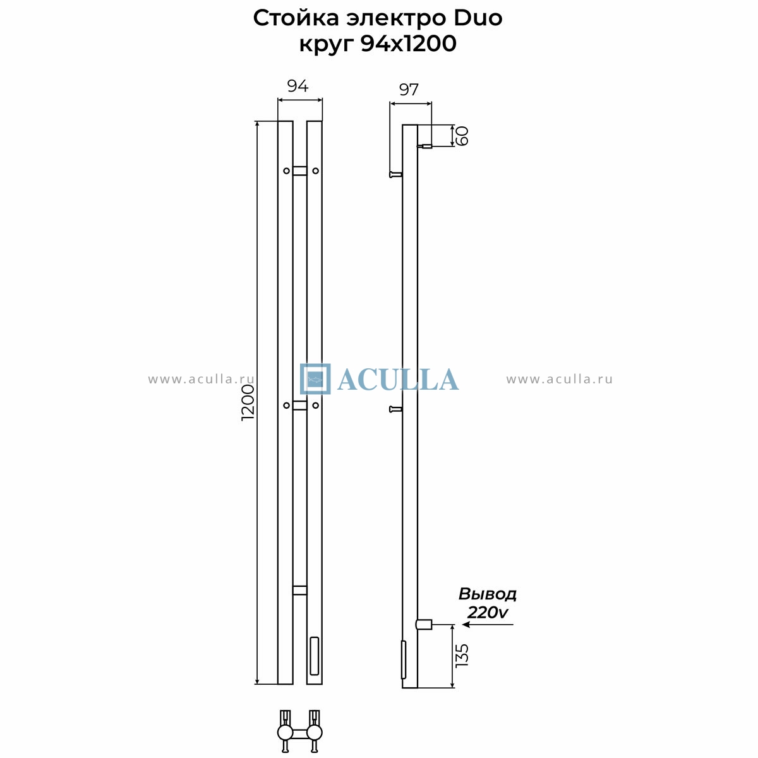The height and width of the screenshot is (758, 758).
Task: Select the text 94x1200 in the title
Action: pyautogui.click(x=408, y=44)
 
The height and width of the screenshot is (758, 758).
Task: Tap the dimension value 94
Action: pyautogui.click(x=298, y=86)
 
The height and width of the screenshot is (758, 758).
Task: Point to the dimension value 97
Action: pyautogui.click(x=409, y=90)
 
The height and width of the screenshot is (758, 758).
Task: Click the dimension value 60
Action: pyautogui.click(x=462, y=136)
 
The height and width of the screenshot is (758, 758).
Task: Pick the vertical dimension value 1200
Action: pyautogui.click(x=248, y=403)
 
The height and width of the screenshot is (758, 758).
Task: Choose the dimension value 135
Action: pyautogui.click(x=462, y=655)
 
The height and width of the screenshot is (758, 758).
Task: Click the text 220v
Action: pyautogui.click(x=488, y=612)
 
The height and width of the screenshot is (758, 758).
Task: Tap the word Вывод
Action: pyautogui.click(x=488, y=594)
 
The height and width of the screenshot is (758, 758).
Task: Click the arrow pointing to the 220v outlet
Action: pyautogui.click(x=488, y=624)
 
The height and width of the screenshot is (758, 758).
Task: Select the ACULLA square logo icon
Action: pyautogui.click(x=315, y=379)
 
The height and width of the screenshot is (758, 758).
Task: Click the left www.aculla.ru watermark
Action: pyautogui.click(x=202, y=379)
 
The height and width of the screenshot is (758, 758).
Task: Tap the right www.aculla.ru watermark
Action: pyautogui.click(x=560, y=379)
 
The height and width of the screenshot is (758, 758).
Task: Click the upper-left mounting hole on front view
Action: pyautogui.click(x=286, y=171)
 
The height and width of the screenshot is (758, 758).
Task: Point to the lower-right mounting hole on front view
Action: pyautogui.click(x=315, y=405)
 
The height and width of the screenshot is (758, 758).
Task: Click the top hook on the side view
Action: pyautogui.click(x=395, y=174)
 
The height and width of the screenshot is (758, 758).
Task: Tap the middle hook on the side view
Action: pyautogui.click(x=395, y=409)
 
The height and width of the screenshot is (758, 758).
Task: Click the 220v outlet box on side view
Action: pyautogui.click(x=424, y=624)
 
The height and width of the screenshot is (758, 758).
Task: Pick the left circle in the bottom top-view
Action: pyautogui.click(x=285, y=733)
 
